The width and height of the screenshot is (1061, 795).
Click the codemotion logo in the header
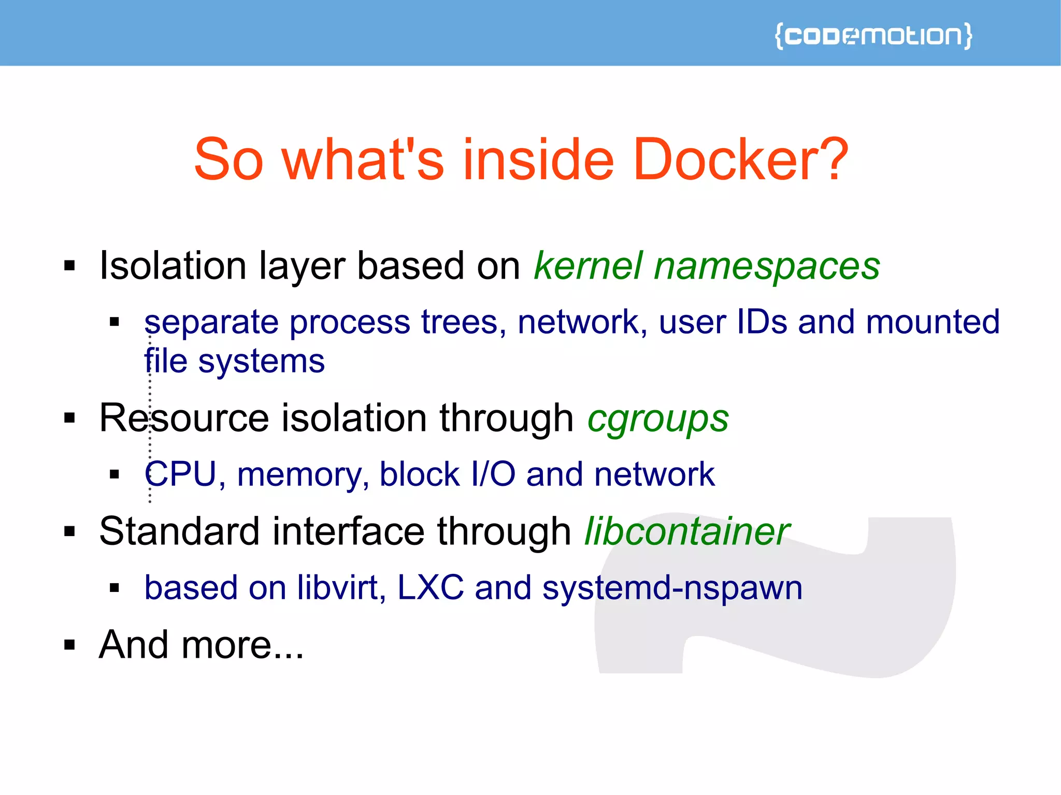tap(873, 36)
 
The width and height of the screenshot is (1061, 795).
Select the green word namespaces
tap(767, 266)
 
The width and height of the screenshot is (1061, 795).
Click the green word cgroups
tap(658, 418)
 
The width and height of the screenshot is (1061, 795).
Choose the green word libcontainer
tap(687, 531)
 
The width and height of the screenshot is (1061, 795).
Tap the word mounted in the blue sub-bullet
tap(933, 322)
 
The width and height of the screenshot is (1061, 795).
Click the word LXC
tap(431, 588)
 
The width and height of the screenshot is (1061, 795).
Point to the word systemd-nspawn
tap(672, 588)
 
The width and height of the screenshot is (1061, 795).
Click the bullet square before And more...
tap(69, 645)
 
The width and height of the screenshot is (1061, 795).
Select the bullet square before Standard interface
tap(69, 531)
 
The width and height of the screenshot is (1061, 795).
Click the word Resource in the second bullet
tap(184, 418)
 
